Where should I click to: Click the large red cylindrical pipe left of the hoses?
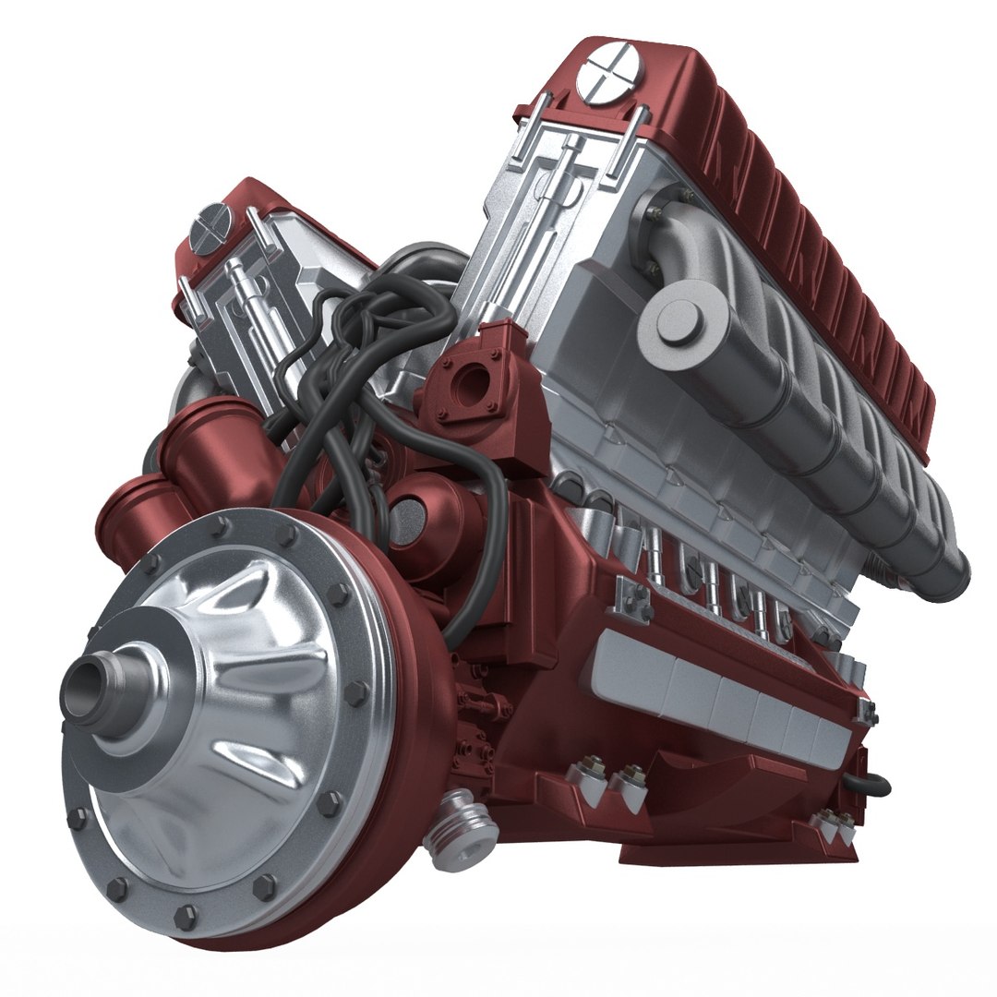(208, 452)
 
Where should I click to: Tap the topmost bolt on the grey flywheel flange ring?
(221, 527)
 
